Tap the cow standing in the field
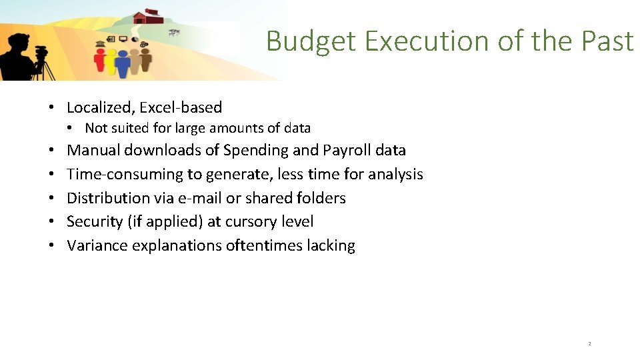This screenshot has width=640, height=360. click(174, 32)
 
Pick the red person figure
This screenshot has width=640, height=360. click(101, 60)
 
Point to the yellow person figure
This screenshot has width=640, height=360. click(111, 60)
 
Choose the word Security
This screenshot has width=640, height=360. click(95, 221)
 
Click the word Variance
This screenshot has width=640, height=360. click(97, 245)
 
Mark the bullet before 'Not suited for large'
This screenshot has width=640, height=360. click(77, 128)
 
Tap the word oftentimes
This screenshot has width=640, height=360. click(264, 245)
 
